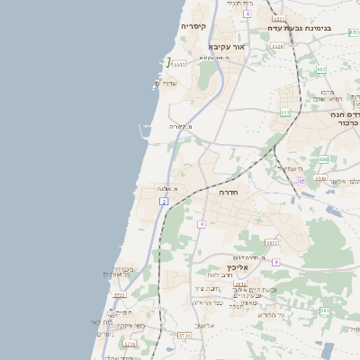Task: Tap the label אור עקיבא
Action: (226, 46)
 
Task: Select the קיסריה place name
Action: (193, 26)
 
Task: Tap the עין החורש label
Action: (270, 314)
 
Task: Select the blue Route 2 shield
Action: (164, 202)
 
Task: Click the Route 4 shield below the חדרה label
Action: (202, 223)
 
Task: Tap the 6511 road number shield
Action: (180, 64)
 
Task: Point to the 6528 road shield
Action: (277, 46)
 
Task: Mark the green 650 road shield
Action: (323, 159)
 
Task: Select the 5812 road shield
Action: (240, 283)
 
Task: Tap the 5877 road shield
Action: (271, 242)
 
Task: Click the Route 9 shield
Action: (275, 262)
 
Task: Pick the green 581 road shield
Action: (324, 310)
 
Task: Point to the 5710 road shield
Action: (184, 335)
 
